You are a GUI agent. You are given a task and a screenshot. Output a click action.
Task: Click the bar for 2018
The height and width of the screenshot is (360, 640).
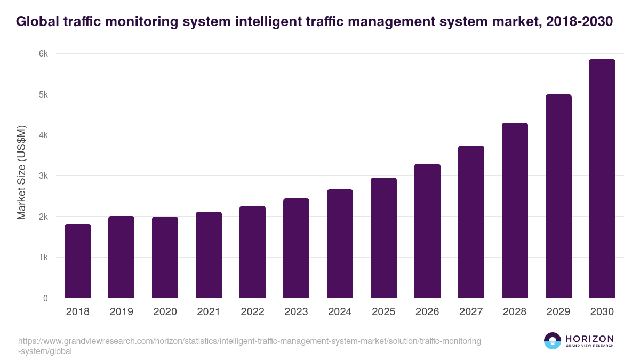[x=78, y=261]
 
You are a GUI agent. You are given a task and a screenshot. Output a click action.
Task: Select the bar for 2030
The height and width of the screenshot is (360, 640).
[x=602, y=179]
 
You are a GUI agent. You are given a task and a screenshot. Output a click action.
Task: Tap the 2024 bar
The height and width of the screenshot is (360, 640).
[x=340, y=244]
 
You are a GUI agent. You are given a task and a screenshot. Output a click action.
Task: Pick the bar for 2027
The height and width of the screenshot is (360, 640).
[x=471, y=222]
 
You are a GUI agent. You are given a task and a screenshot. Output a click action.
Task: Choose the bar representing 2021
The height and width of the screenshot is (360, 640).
[x=209, y=255]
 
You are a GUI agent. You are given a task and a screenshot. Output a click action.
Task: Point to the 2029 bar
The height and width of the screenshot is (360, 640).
[x=558, y=196]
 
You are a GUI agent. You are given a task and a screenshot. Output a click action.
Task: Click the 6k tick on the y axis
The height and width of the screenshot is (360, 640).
[x=43, y=54]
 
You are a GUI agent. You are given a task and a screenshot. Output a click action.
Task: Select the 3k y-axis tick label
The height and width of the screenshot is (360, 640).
[x=43, y=176]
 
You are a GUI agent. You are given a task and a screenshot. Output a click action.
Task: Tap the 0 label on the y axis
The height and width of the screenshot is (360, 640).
[x=45, y=298]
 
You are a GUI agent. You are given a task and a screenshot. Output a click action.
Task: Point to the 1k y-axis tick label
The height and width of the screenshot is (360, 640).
[x=43, y=258]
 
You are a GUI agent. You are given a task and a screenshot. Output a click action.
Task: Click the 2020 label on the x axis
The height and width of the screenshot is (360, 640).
[x=165, y=312]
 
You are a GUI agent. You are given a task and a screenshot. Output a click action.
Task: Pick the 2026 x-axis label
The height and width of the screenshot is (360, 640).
[x=427, y=312]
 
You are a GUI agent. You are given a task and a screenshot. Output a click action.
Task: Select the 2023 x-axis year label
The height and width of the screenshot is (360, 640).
[x=296, y=312]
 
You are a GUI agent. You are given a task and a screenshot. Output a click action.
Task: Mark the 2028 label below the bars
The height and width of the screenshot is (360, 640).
[x=515, y=312]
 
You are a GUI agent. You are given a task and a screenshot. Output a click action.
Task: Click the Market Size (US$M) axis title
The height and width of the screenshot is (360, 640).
[x=22, y=172]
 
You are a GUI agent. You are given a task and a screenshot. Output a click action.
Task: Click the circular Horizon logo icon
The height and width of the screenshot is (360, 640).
[x=552, y=341]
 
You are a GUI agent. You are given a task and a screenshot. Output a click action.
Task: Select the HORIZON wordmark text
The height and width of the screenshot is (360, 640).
[x=589, y=339]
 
